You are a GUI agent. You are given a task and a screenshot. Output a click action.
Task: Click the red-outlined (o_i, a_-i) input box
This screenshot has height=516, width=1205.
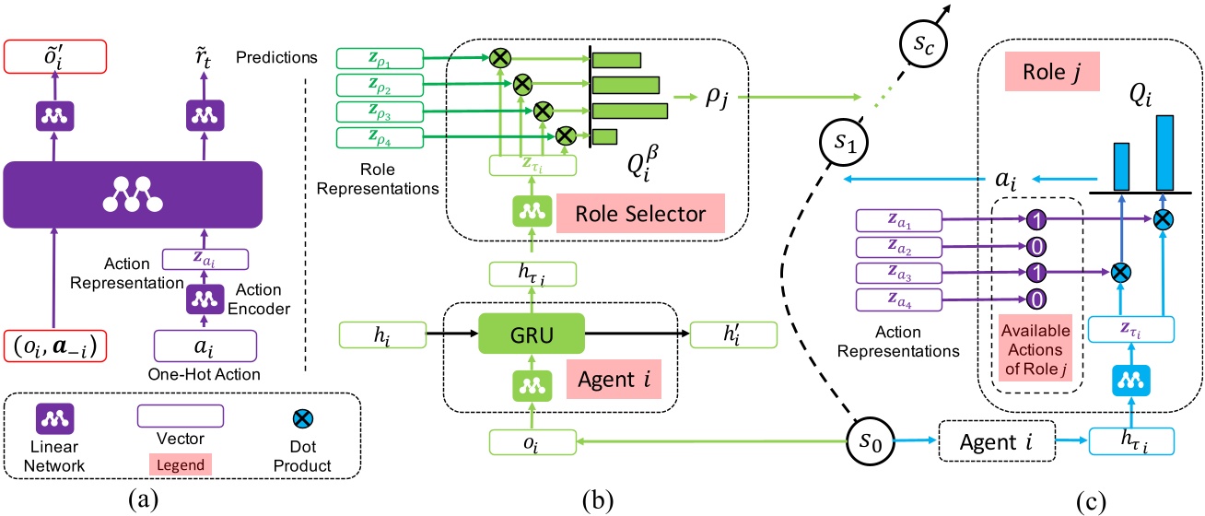(55, 346)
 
